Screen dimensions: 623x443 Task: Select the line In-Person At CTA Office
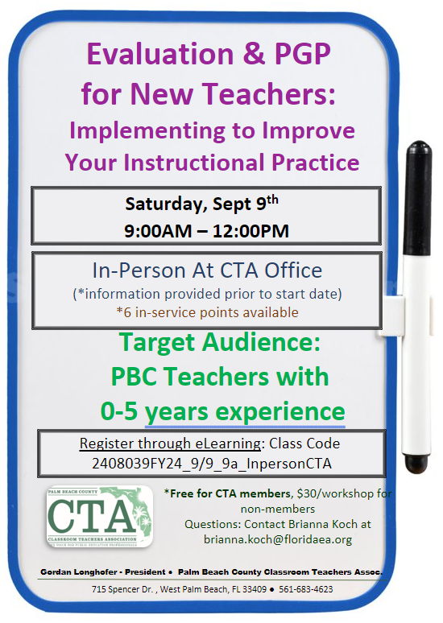tap(208, 270)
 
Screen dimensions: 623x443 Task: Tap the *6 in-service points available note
tap(208, 312)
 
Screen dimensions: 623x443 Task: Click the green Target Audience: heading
tap(220, 344)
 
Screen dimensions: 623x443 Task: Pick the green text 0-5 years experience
tap(222, 411)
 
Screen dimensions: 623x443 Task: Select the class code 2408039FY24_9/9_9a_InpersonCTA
tap(211, 464)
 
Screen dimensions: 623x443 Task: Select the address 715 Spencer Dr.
tap(121, 589)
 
